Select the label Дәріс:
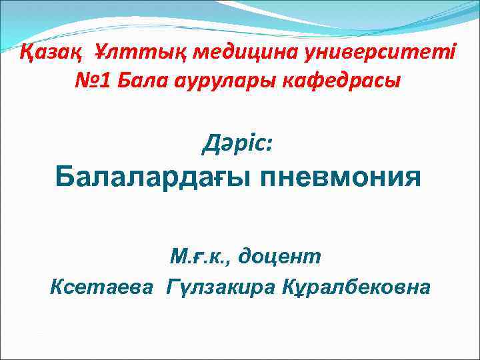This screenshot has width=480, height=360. point(237,142)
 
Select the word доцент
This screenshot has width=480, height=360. point(281,255)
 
